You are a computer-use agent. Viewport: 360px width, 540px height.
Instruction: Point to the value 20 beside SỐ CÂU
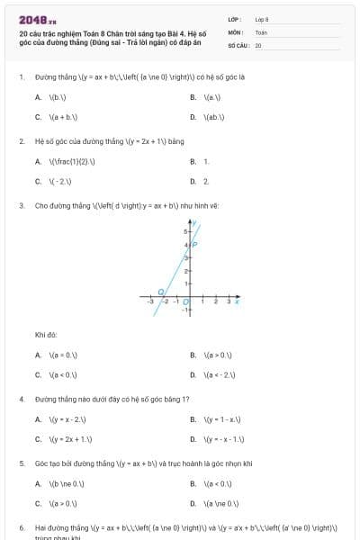point(258,44)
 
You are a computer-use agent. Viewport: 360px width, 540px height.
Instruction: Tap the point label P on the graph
point(195,244)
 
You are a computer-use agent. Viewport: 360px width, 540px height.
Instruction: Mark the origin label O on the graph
point(186,302)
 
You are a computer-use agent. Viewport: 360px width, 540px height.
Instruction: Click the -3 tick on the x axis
point(150,302)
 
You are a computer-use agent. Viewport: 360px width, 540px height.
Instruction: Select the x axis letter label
point(236,301)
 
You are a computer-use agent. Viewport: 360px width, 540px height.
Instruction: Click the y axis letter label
point(195,221)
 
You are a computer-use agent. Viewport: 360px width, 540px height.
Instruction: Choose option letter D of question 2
point(193,181)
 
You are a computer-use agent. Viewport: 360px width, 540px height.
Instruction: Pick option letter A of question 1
point(38,96)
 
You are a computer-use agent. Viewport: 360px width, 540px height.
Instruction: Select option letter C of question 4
point(38,439)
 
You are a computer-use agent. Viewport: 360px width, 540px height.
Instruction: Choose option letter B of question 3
point(193,355)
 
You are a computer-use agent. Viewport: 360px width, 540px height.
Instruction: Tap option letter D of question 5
point(193,504)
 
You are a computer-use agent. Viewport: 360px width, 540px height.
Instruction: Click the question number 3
point(21,205)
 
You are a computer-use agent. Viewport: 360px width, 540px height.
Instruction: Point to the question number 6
point(21,527)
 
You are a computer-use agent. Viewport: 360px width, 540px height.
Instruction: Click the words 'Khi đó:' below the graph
point(46,335)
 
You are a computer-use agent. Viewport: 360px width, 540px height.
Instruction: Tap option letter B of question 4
point(193,419)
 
